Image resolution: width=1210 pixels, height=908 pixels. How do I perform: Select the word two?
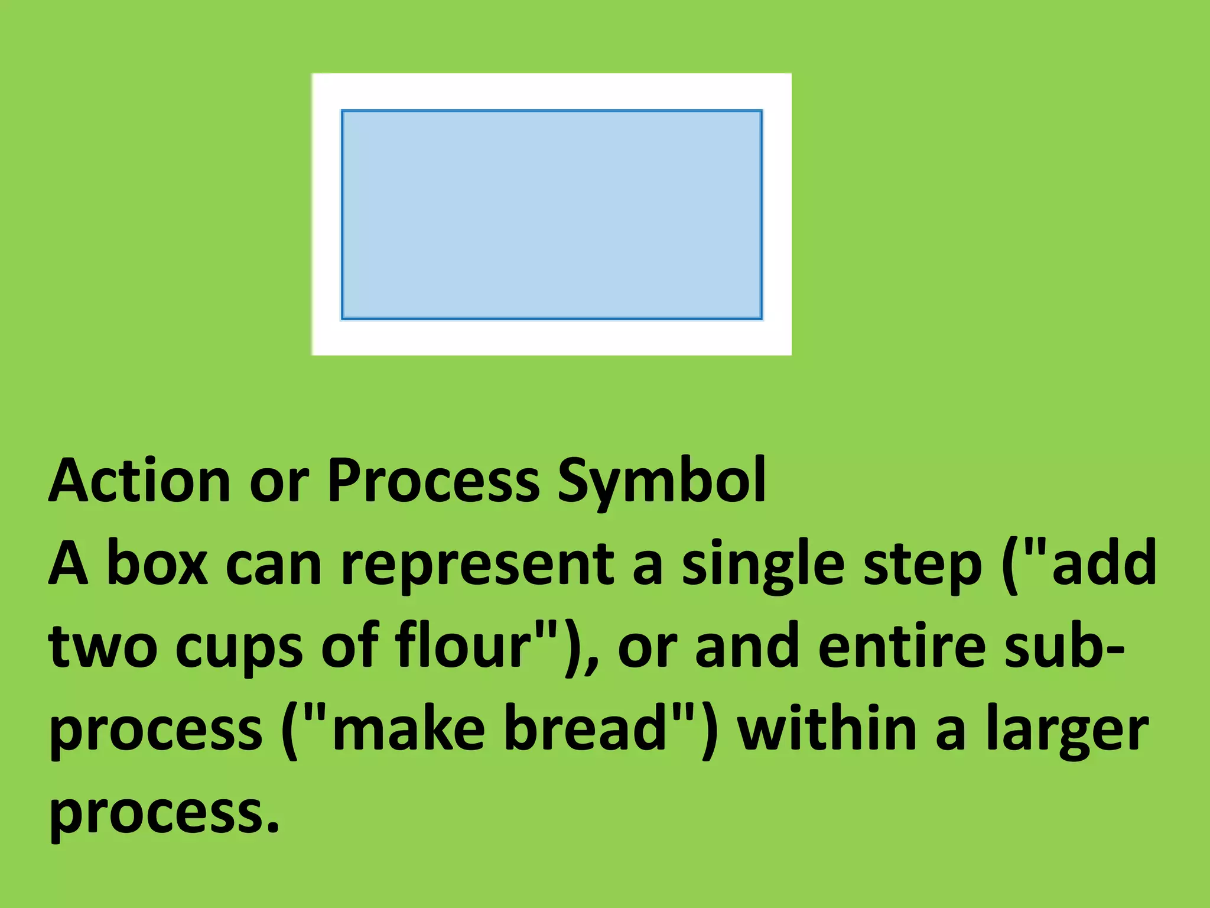pyautogui.click(x=103, y=647)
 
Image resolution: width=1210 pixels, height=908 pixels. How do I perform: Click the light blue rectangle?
pyautogui.click(x=551, y=214)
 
